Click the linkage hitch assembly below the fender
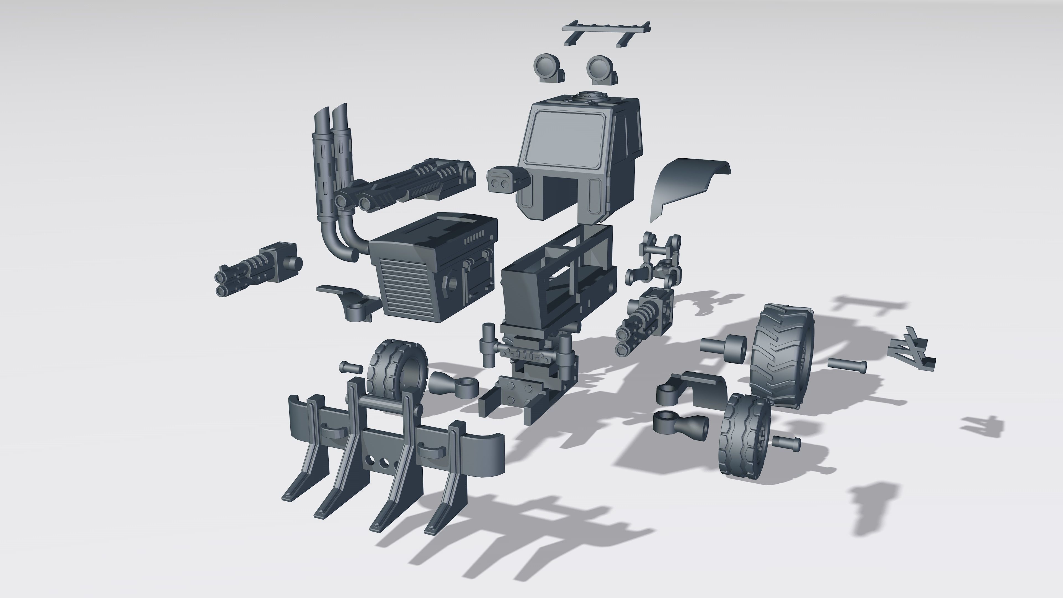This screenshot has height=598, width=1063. [x=656, y=264]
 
